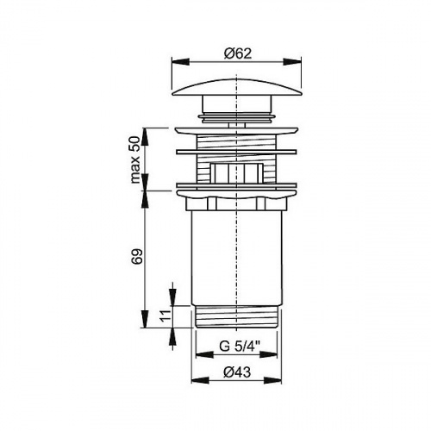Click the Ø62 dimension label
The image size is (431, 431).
238,53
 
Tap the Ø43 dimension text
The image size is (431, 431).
237,372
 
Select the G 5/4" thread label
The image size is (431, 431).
240,347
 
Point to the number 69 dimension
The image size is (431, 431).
137,257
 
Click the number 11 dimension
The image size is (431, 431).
166,316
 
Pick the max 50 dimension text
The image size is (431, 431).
134,159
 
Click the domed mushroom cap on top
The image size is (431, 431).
237,87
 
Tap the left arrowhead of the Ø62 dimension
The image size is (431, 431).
181,62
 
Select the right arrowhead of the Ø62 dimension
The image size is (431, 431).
292,62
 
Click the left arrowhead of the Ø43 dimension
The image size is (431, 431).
200,380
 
